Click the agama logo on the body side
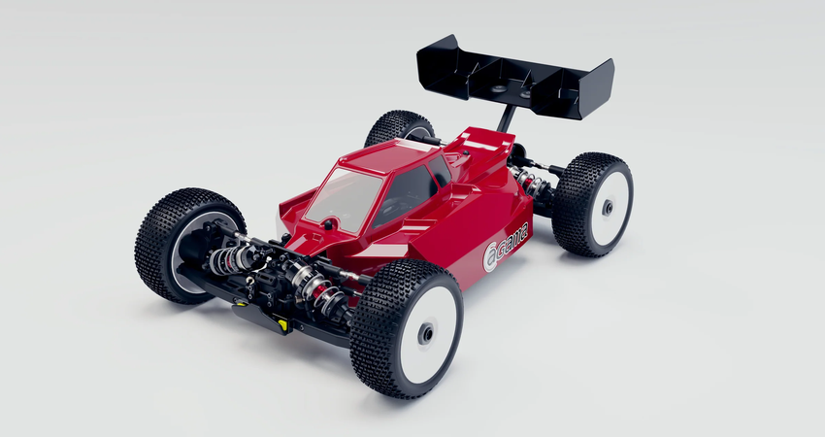506,247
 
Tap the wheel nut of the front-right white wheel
425,333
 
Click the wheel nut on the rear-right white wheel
608,208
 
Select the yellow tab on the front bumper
282,323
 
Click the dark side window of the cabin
405,195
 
